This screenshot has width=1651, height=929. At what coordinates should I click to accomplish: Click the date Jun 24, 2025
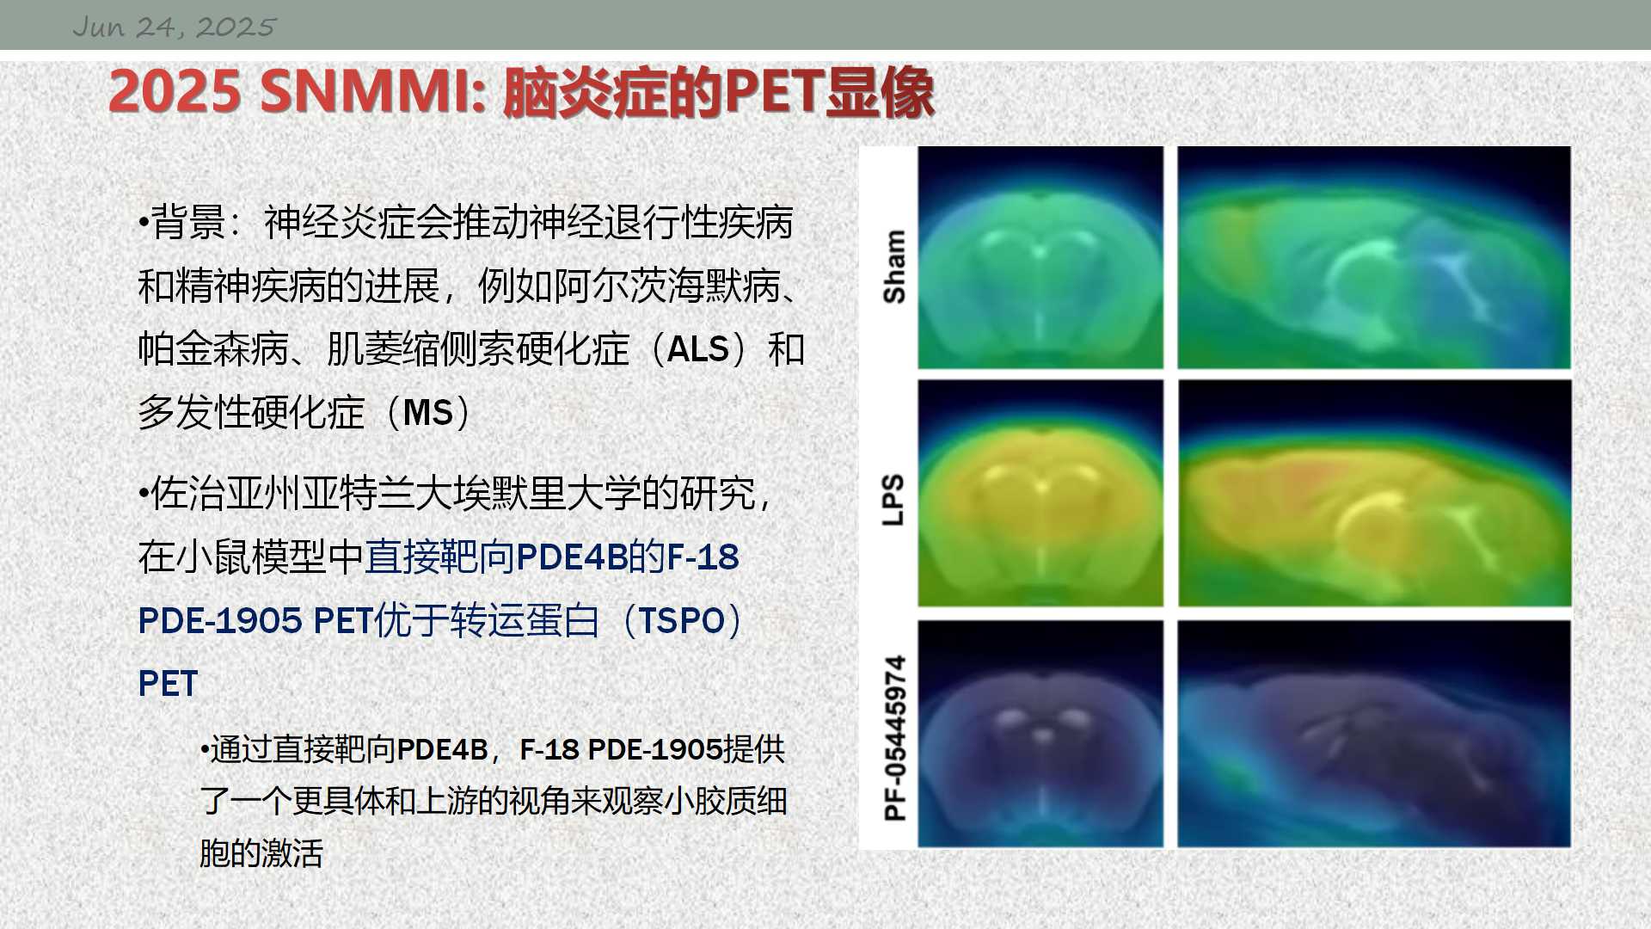(x=174, y=27)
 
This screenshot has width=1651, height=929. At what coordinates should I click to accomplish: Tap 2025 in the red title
(x=175, y=91)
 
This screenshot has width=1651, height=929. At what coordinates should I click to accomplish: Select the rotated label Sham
(x=894, y=267)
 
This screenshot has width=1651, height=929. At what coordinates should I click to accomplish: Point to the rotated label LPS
(x=894, y=499)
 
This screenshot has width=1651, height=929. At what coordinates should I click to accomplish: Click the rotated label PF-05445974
(x=894, y=738)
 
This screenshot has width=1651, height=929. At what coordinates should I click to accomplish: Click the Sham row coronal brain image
(x=1040, y=257)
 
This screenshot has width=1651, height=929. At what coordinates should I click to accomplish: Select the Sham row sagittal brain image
(x=1374, y=257)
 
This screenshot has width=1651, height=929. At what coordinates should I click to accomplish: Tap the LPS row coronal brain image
(x=1040, y=493)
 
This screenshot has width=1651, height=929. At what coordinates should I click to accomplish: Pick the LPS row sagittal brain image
(x=1374, y=493)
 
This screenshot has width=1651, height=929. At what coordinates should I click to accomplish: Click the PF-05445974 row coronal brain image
(x=1040, y=734)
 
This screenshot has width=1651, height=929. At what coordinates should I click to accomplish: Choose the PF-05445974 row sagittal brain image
(x=1374, y=734)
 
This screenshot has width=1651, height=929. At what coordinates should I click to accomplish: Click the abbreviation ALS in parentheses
(x=697, y=350)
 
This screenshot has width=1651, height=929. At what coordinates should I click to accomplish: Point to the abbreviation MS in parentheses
(x=427, y=413)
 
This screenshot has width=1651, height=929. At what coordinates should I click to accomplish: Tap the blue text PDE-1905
(x=220, y=621)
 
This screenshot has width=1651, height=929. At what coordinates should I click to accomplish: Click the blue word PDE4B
(x=572, y=557)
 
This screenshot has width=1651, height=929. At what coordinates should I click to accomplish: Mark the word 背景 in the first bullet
(x=188, y=223)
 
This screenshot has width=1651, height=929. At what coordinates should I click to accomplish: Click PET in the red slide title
(x=774, y=91)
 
